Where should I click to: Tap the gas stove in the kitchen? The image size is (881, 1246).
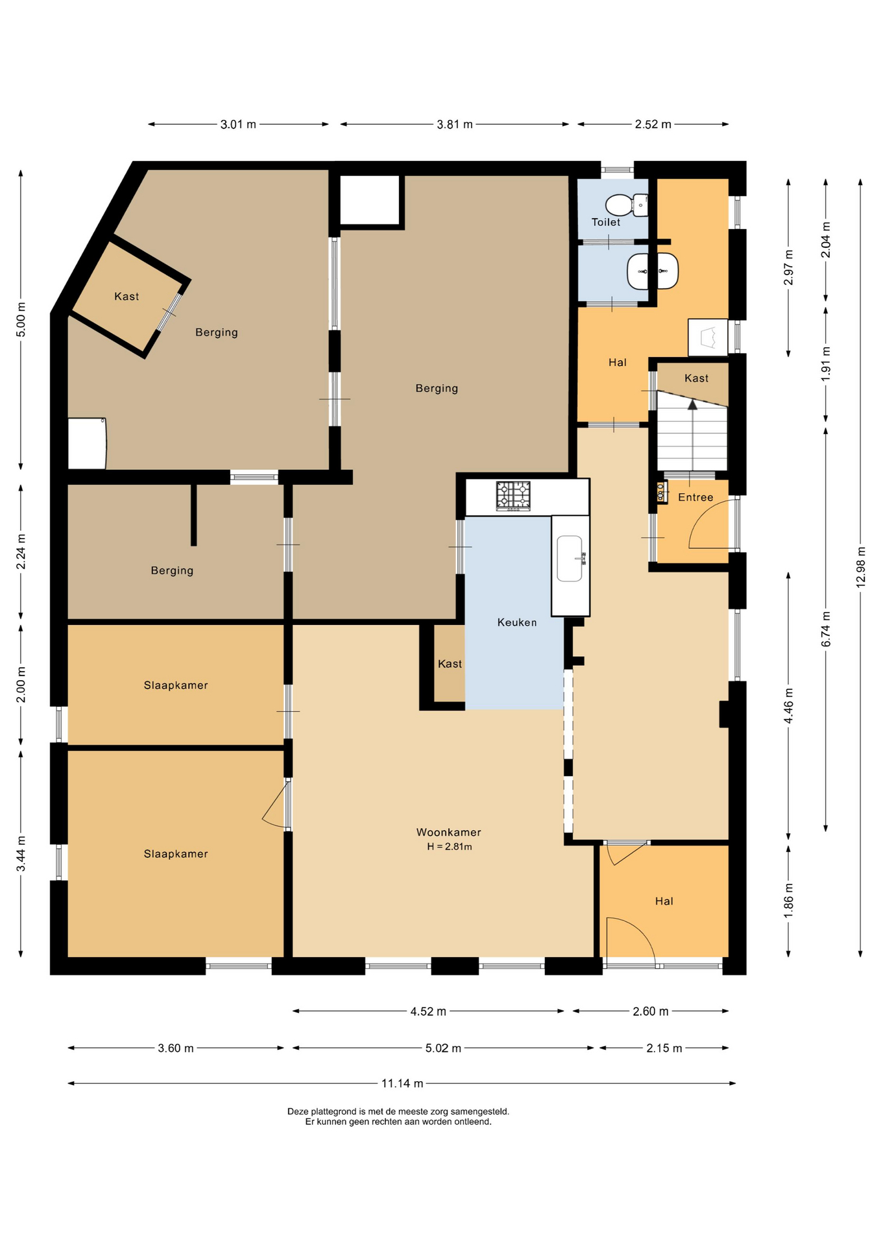pyautogui.click(x=513, y=496)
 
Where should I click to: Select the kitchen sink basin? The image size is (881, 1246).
pyautogui.click(x=570, y=558)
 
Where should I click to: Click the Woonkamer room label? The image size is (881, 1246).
pyautogui.click(x=448, y=832)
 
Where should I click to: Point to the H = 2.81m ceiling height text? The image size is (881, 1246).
pyautogui.click(x=449, y=846)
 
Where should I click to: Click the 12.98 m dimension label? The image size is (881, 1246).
pyautogui.click(x=860, y=567)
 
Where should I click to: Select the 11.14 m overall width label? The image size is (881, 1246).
pyautogui.click(x=402, y=1083)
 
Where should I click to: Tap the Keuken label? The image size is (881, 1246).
pyautogui.click(x=517, y=622)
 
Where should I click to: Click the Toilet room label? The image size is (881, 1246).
pyautogui.click(x=606, y=222)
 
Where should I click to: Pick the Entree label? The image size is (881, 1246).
pyautogui.click(x=695, y=497)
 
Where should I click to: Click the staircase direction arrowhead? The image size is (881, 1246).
pyautogui.click(x=692, y=404)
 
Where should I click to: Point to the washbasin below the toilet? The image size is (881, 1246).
pyautogui.click(x=653, y=271)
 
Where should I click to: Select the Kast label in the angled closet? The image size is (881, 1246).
pyautogui.click(x=127, y=297)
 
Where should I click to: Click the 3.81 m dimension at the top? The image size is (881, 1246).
pyautogui.click(x=455, y=124)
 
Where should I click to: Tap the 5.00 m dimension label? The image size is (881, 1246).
pyautogui.click(x=21, y=320)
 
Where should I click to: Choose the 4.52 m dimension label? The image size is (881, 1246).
pyautogui.click(x=428, y=1011)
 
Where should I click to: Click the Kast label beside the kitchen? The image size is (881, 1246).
pyautogui.click(x=450, y=664)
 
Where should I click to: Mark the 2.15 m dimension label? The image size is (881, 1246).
pyautogui.click(x=664, y=1048)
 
